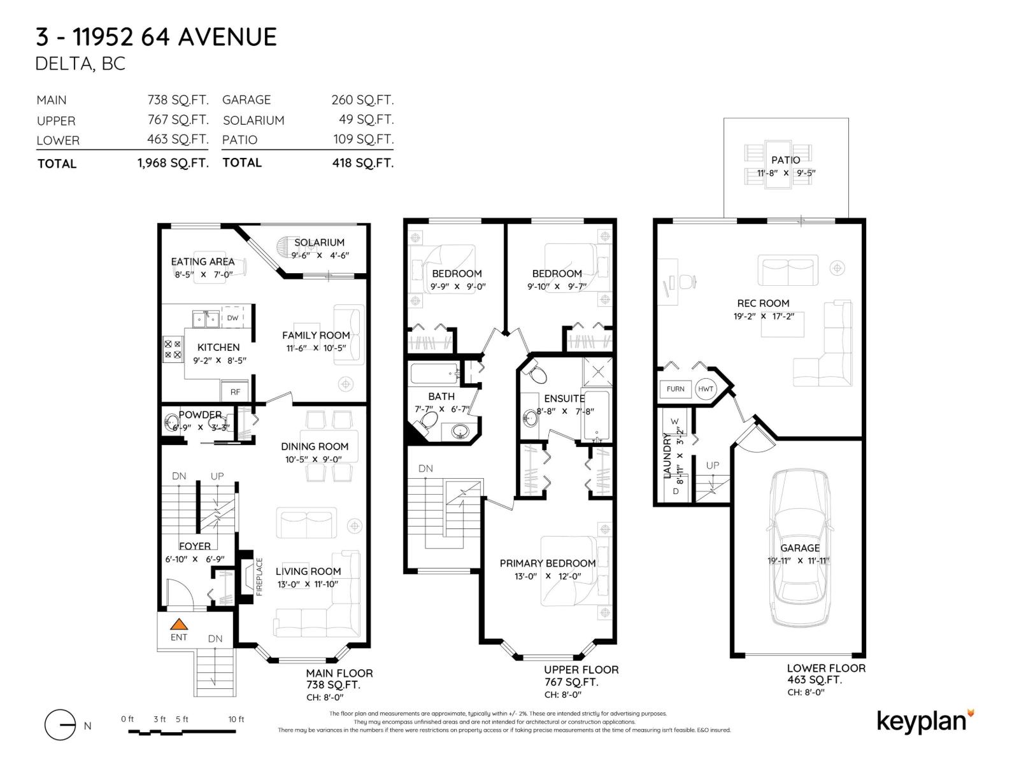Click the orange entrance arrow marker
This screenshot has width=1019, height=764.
[179, 625]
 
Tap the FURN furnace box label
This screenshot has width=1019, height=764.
[676, 389]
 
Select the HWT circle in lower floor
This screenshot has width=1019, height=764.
[706, 389]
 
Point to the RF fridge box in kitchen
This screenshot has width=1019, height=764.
[236, 392]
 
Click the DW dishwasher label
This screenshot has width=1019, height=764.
[232, 318]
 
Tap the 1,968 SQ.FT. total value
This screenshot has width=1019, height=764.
[173, 163]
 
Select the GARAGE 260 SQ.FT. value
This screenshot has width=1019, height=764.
[362, 100]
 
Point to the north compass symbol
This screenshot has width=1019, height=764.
[61, 725]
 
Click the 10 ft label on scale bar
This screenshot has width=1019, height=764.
[236, 719]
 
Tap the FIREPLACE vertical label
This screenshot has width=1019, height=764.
[259, 577]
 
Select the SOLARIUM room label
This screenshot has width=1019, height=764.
[319, 243]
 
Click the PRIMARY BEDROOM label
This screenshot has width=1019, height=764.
[548, 563]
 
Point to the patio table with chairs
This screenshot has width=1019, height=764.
[778, 165]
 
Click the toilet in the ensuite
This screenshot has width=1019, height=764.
[536, 373]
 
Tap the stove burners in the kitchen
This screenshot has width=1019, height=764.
[173, 349]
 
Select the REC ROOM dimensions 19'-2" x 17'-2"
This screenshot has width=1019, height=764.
[764, 316]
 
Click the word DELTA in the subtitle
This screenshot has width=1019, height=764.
[63, 64]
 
